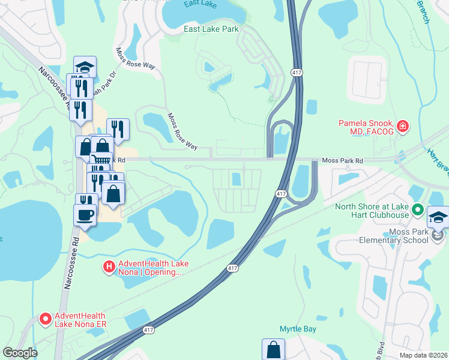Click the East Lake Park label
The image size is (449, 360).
pyautogui.click(x=211, y=29)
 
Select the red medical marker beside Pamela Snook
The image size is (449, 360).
pyautogui.click(x=402, y=126)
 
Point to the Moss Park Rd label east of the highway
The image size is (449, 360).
pyautogui.click(x=343, y=161)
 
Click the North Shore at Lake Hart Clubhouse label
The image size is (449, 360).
pyautogui.click(x=372, y=212)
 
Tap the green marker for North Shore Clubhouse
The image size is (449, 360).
pyautogui.click(x=418, y=211)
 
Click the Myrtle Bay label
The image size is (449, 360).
pyautogui.click(x=297, y=328)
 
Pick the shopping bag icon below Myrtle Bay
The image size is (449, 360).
pyautogui.click(x=273, y=349)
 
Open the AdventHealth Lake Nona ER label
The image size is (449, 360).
pyautogui.click(x=80, y=320)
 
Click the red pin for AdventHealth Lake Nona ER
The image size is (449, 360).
pyautogui.click(x=45, y=320)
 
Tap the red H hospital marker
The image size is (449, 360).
pyautogui.click(x=109, y=266)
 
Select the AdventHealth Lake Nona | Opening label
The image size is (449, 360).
pyautogui.click(x=149, y=268)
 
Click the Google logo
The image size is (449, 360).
pyautogui.click(x=20, y=353)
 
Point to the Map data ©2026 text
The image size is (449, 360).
pyautogui.click(x=423, y=355)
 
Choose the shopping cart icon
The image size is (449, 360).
pyautogui.click(x=100, y=161)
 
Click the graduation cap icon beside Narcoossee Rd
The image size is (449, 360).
pyautogui.click(x=85, y=67)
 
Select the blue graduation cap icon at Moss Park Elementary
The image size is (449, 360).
pyautogui.click(x=438, y=216)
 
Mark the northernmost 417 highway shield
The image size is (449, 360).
pyautogui.click(x=296, y=72)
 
